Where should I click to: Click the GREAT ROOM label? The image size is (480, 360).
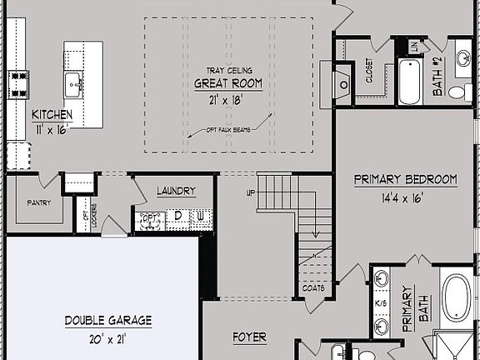(x=228, y=83)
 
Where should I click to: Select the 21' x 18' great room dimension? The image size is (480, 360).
(x=228, y=98)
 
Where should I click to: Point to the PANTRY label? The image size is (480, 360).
(x=39, y=202)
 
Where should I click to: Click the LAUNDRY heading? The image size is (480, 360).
(x=176, y=191)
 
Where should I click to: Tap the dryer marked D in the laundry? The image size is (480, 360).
(x=177, y=218)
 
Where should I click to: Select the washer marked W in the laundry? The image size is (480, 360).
(x=200, y=218)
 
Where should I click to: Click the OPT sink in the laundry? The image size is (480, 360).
(x=150, y=219)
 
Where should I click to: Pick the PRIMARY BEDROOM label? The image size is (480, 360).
(x=406, y=179)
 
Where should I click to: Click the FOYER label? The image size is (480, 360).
(x=249, y=337)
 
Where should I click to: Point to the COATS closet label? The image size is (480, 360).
(x=313, y=287)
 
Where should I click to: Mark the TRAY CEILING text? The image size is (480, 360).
(x=228, y=71)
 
